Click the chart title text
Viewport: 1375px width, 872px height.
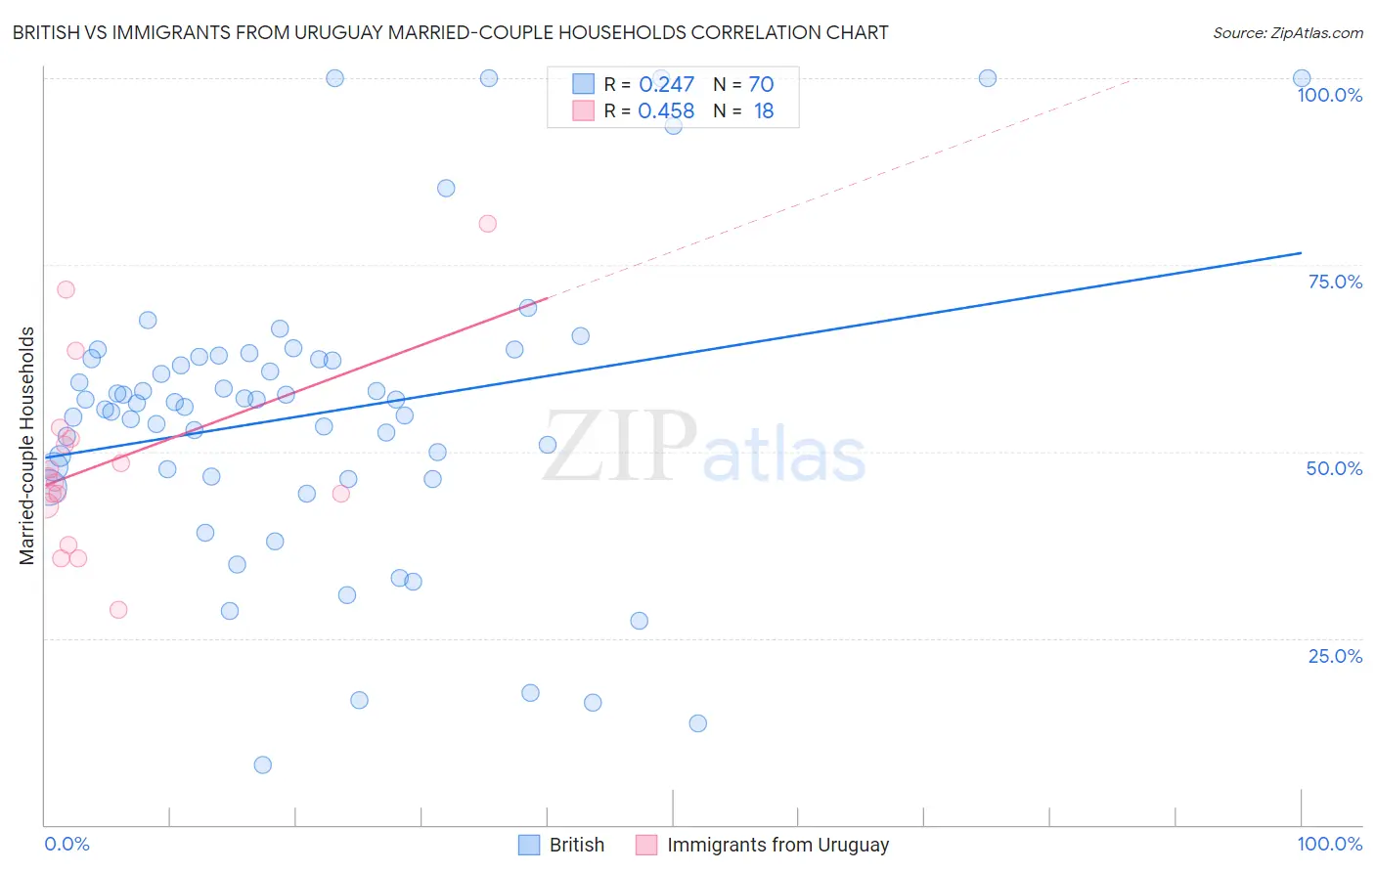450,32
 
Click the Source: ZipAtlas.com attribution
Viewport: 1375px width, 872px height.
1287,32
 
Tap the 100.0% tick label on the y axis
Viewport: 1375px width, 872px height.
1329,95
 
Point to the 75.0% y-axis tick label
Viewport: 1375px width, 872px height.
1335,282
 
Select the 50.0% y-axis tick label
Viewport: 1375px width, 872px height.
1334,468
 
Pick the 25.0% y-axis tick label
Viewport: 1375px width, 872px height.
1335,656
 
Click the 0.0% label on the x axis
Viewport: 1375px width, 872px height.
67,844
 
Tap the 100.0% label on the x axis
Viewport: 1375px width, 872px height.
1329,844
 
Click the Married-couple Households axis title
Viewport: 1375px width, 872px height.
27,446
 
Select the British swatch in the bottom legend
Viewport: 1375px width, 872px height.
529,845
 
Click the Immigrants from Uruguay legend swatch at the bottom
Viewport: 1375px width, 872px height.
646,845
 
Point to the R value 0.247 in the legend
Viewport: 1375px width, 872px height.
666,85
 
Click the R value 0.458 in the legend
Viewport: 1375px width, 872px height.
666,111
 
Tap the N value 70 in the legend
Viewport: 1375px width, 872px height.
761,85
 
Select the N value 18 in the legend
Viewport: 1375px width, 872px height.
763,111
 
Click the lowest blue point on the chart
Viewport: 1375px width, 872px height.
263,764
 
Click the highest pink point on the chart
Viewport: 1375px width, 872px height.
488,224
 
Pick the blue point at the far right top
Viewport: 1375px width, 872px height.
1302,78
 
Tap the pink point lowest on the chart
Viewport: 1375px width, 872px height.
118,609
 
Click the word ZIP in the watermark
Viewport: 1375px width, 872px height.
619,447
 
